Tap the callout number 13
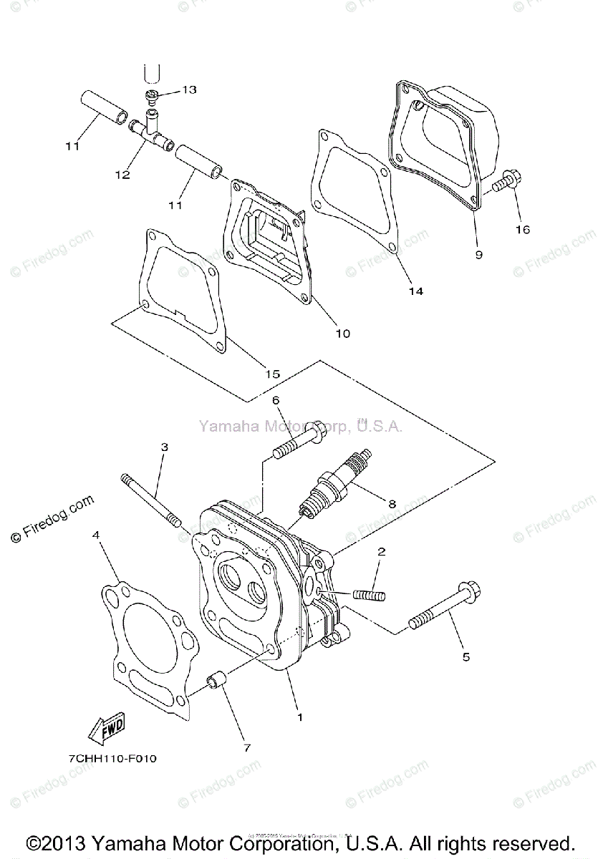tap(188, 89)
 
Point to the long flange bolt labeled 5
tap(445, 609)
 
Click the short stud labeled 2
tap(370, 595)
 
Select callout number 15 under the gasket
tap(272, 374)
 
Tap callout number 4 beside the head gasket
tap(95, 534)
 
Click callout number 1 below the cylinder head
tap(300, 717)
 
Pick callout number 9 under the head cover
tap(478, 253)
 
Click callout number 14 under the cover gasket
tap(415, 291)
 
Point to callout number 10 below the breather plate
tap(342, 334)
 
